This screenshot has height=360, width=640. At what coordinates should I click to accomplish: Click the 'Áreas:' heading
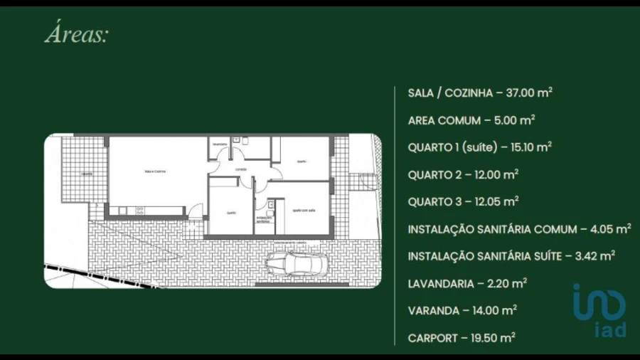pyautogui.click(x=77, y=35)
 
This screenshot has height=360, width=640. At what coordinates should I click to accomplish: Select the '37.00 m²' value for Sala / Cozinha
pyautogui.click(x=529, y=92)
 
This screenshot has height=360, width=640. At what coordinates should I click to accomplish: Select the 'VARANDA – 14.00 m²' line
pyautogui.click(x=462, y=310)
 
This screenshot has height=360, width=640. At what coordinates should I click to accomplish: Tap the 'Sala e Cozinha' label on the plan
pyautogui.click(x=155, y=171)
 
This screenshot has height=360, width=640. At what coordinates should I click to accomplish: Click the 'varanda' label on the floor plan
pyautogui.click(x=87, y=173)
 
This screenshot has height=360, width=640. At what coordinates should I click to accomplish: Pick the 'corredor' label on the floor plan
pyautogui.click(x=241, y=170)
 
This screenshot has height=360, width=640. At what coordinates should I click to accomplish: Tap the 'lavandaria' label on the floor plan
pyautogui.click(x=219, y=144)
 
